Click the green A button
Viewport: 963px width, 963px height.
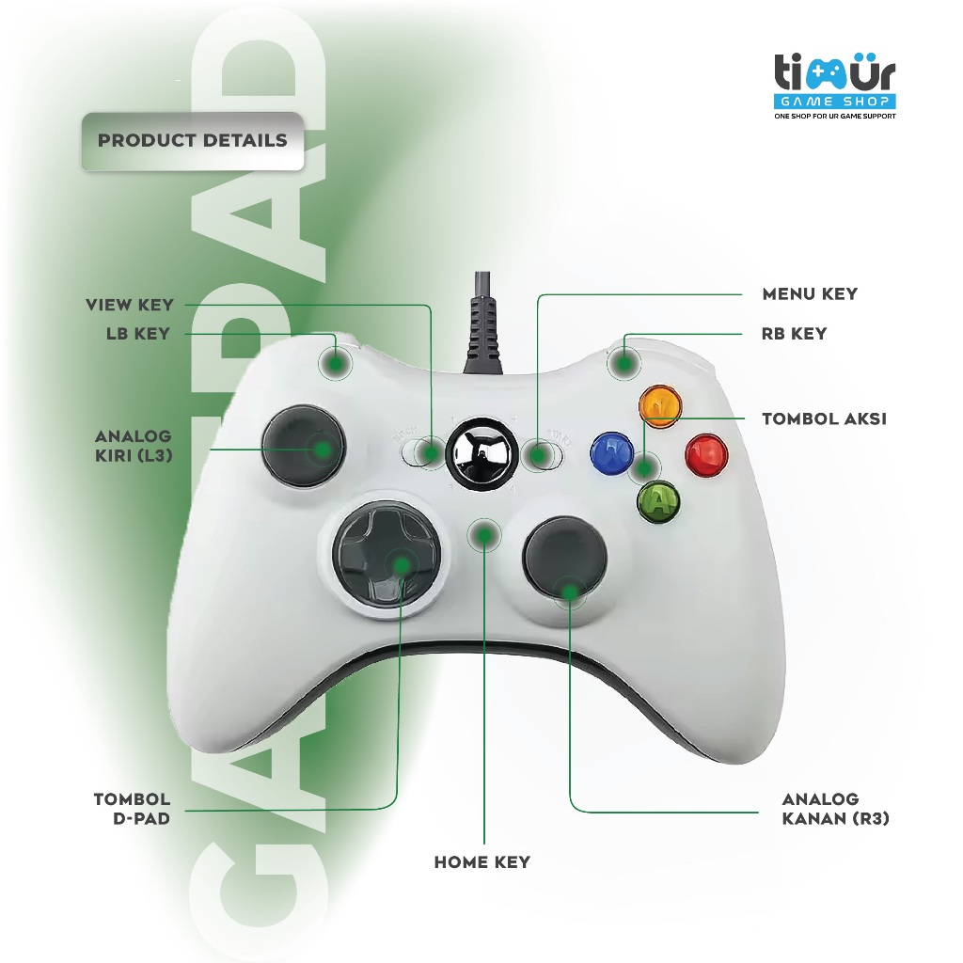tap(658, 501)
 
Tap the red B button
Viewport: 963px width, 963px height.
tap(706, 455)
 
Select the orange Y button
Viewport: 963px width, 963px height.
tap(658, 405)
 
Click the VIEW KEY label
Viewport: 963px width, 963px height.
tap(130, 305)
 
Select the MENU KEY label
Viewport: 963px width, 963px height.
tap(810, 293)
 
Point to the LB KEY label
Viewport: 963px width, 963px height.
tap(138, 333)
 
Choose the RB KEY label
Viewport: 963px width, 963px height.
tap(795, 333)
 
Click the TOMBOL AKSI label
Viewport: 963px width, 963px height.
tap(824, 418)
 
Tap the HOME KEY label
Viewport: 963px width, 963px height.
tap(482, 861)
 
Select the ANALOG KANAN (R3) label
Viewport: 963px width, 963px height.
tap(836, 809)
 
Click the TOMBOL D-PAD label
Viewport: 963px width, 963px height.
tap(133, 809)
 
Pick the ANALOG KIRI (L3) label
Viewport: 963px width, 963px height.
tap(134, 447)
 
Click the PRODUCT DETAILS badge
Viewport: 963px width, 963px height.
tap(193, 141)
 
